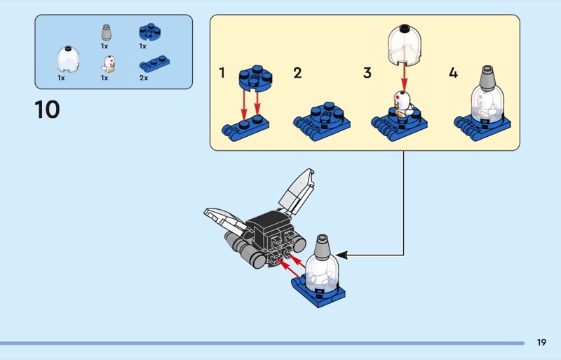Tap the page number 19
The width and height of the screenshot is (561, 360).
tap(541, 342)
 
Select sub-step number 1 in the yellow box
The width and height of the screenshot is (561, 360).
tap(222, 73)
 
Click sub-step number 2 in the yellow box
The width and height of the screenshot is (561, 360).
tap(297, 73)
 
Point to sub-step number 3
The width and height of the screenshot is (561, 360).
tap(367, 73)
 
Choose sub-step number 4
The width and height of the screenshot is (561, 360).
tap(453, 73)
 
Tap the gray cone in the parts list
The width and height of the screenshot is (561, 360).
tap(105, 32)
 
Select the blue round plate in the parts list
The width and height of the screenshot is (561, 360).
tap(147, 32)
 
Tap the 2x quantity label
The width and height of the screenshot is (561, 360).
tap(144, 78)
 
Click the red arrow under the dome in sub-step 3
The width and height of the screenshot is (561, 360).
tap(405, 76)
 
